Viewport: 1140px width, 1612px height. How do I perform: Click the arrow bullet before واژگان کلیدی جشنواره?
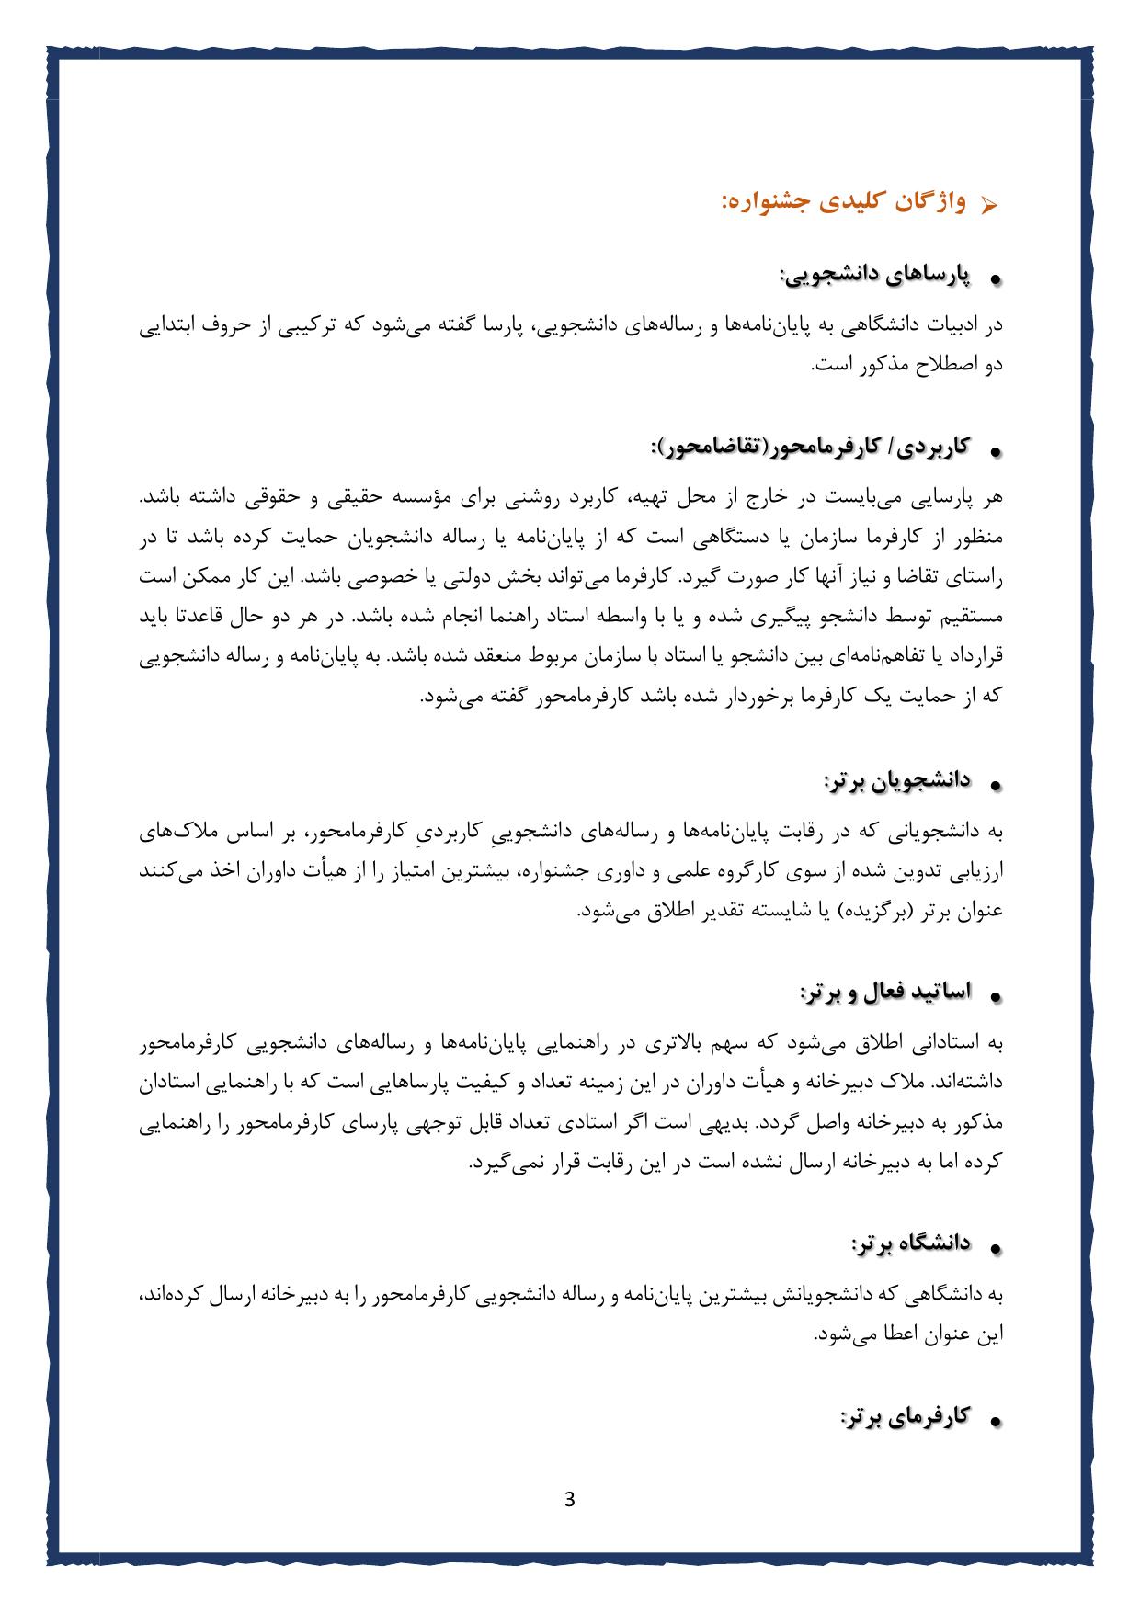[989, 204]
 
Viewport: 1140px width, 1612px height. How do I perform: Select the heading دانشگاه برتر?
[910, 1243]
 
